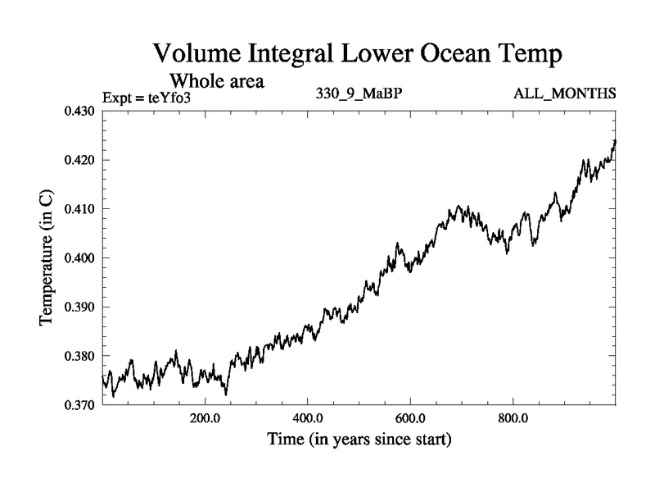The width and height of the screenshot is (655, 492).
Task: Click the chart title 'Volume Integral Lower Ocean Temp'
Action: click(359, 56)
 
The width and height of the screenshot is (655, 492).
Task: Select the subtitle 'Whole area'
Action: click(216, 81)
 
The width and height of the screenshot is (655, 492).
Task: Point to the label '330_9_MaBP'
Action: click(359, 94)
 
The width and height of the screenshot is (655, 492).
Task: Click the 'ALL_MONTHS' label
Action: click(565, 94)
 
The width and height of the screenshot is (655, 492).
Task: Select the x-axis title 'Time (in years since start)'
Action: click(359, 440)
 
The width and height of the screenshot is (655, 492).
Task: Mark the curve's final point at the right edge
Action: click(615, 141)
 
